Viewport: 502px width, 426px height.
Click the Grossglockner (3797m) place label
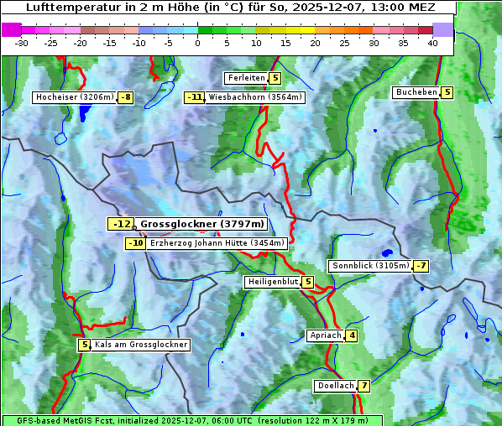click(x=202, y=224)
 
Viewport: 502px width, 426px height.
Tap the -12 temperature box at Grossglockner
click(x=121, y=224)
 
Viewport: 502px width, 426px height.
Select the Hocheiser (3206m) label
click(x=74, y=97)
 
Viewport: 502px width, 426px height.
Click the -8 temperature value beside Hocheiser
click(x=125, y=97)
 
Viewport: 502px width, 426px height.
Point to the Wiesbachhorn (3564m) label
click(x=255, y=97)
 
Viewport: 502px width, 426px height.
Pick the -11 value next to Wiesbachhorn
click(x=195, y=97)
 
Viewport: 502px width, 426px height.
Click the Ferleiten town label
click(x=247, y=78)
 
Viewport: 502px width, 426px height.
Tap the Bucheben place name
click(x=416, y=92)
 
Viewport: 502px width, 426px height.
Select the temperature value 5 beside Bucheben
click(x=447, y=92)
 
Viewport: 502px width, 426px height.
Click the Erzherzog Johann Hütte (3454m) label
click(x=217, y=243)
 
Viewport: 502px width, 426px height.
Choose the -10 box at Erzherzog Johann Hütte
click(x=135, y=243)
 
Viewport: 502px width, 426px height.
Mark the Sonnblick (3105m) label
click(x=371, y=266)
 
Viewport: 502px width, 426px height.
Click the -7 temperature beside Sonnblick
click(x=421, y=266)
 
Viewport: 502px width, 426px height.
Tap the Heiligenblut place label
click(x=272, y=282)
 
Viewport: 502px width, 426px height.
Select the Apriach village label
click(x=325, y=335)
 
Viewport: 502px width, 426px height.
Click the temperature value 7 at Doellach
click(x=363, y=386)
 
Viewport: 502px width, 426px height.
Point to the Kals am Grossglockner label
click(x=140, y=345)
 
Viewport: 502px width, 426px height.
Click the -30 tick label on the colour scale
click(x=22, y=42)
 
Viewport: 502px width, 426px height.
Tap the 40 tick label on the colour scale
click(x=432, y=42)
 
